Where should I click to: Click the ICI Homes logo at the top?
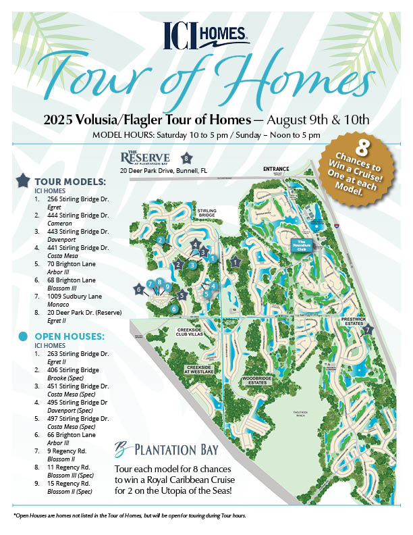point(206,34)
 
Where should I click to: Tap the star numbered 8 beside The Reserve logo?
point(186,159)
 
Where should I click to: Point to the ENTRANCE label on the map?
point(277,169)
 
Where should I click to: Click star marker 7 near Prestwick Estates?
point(368,330)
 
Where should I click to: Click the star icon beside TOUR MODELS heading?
point(23,180)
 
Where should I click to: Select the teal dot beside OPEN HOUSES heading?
point(23,336)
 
